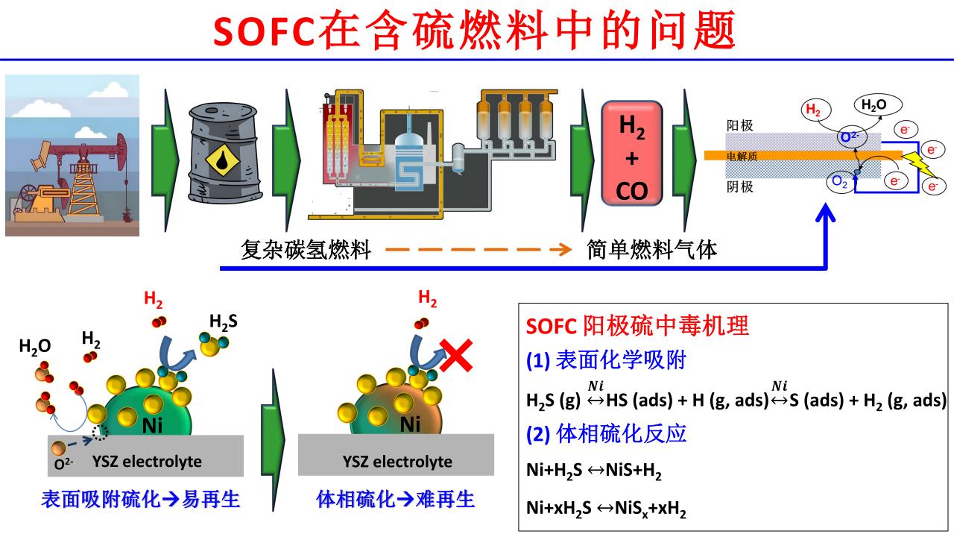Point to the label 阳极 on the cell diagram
pos(739,125)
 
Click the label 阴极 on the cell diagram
pos(739,186)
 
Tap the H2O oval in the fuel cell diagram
pos(874,106)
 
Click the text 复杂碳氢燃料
pos(306,250)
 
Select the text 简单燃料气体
pos(651,250)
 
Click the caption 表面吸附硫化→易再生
pos(141,500)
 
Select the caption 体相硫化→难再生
pos(396,500)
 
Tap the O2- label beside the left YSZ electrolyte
pos(64,466)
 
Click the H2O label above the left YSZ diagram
pos(34,346)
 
